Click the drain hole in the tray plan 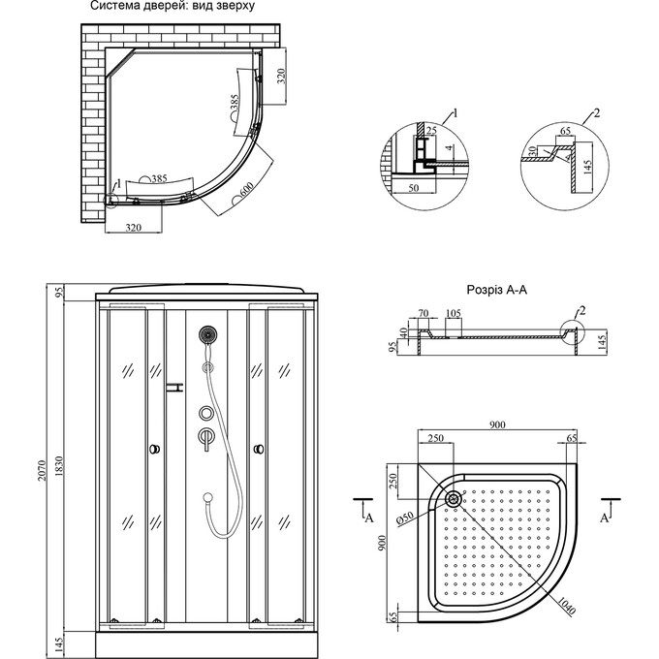[x=454, y=500]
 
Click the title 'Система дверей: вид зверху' [x=172, y=6]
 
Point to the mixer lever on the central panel [x=205, y=437]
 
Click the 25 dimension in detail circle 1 [x=431, y=130]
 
